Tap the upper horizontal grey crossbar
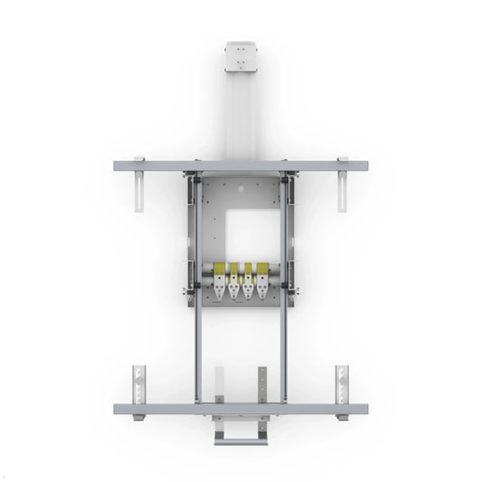click(x=241, y=167)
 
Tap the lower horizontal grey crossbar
click(x=241, y=409)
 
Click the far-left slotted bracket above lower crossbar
click(x=138, y=383)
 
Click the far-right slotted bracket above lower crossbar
click(x=343, y=383)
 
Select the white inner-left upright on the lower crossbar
click(x=220, y=384)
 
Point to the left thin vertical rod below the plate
click(x=196, y=353)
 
